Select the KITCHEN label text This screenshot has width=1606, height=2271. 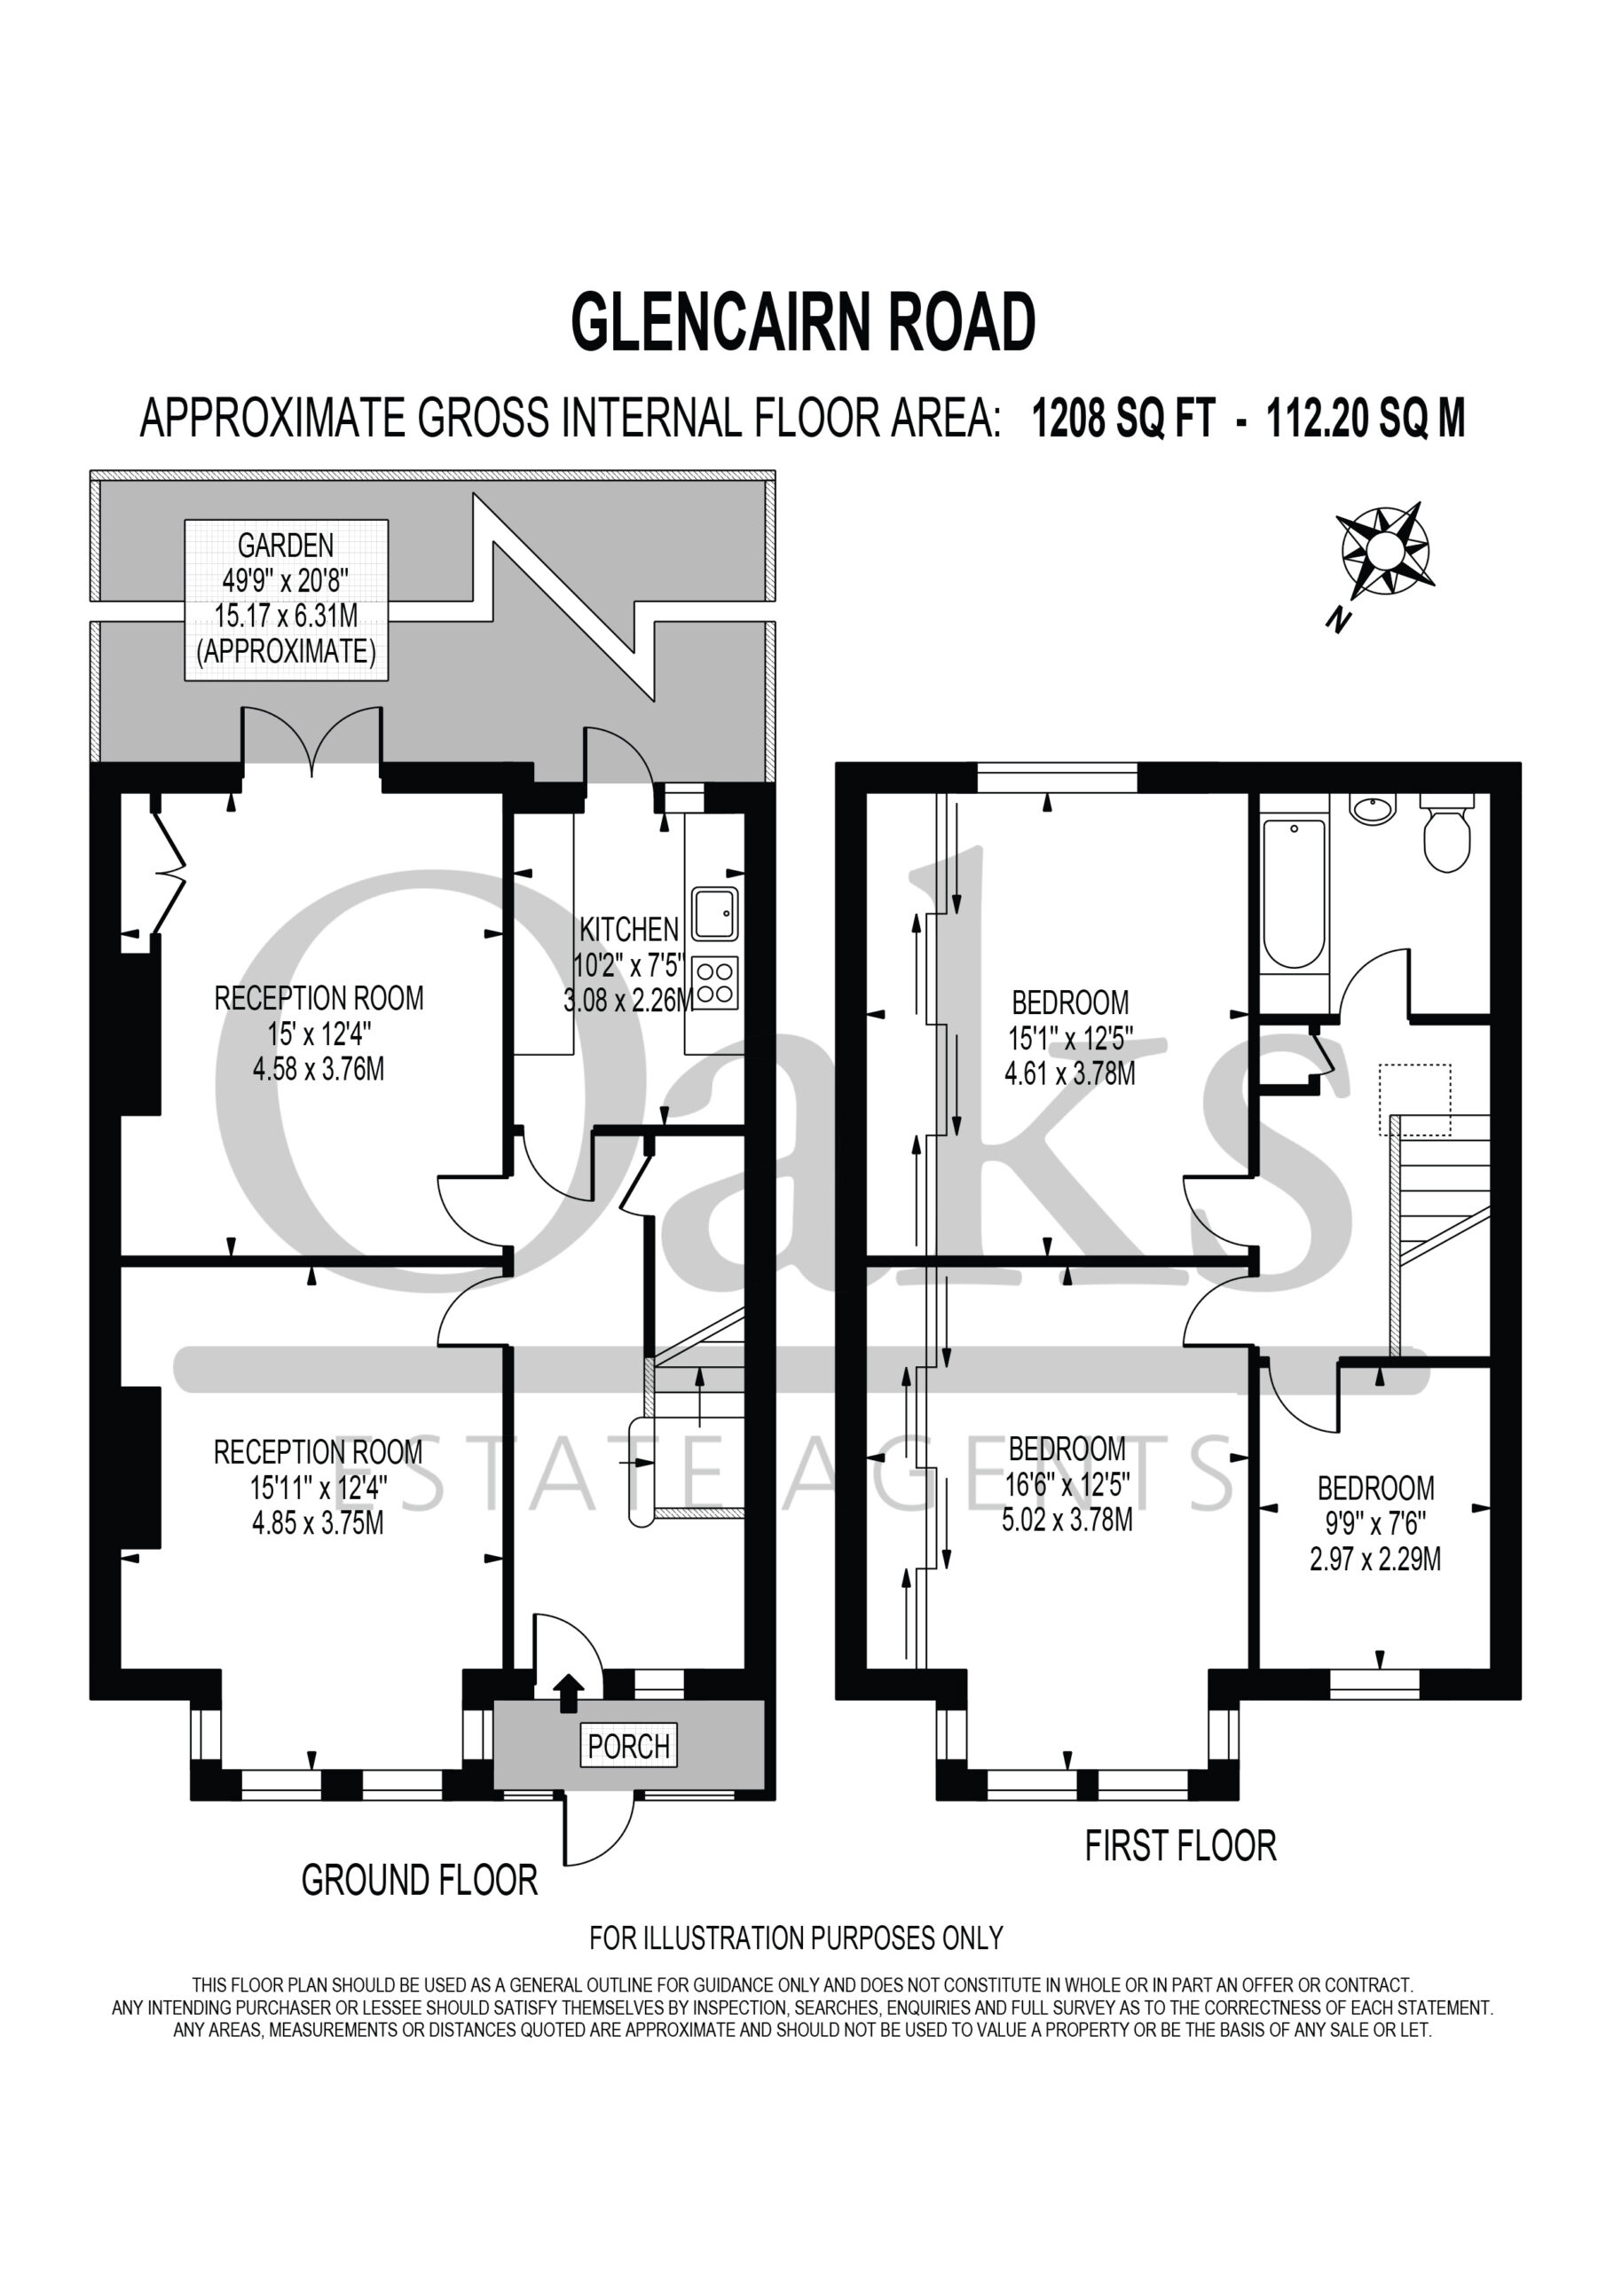click(629, 929)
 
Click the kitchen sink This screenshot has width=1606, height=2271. click(714, 912)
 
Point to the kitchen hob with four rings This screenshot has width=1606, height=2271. click(714, 982)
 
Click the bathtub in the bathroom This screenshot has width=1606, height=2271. click(1295, 893)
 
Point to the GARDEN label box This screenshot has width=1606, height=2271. click(286, 600)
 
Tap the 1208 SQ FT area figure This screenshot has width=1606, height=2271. click(1122, 419)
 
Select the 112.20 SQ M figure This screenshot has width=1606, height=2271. click(1366, 419)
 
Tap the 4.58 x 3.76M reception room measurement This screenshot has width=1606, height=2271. click(319, 1069)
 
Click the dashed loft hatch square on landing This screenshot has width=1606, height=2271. click(1415, 1100)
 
